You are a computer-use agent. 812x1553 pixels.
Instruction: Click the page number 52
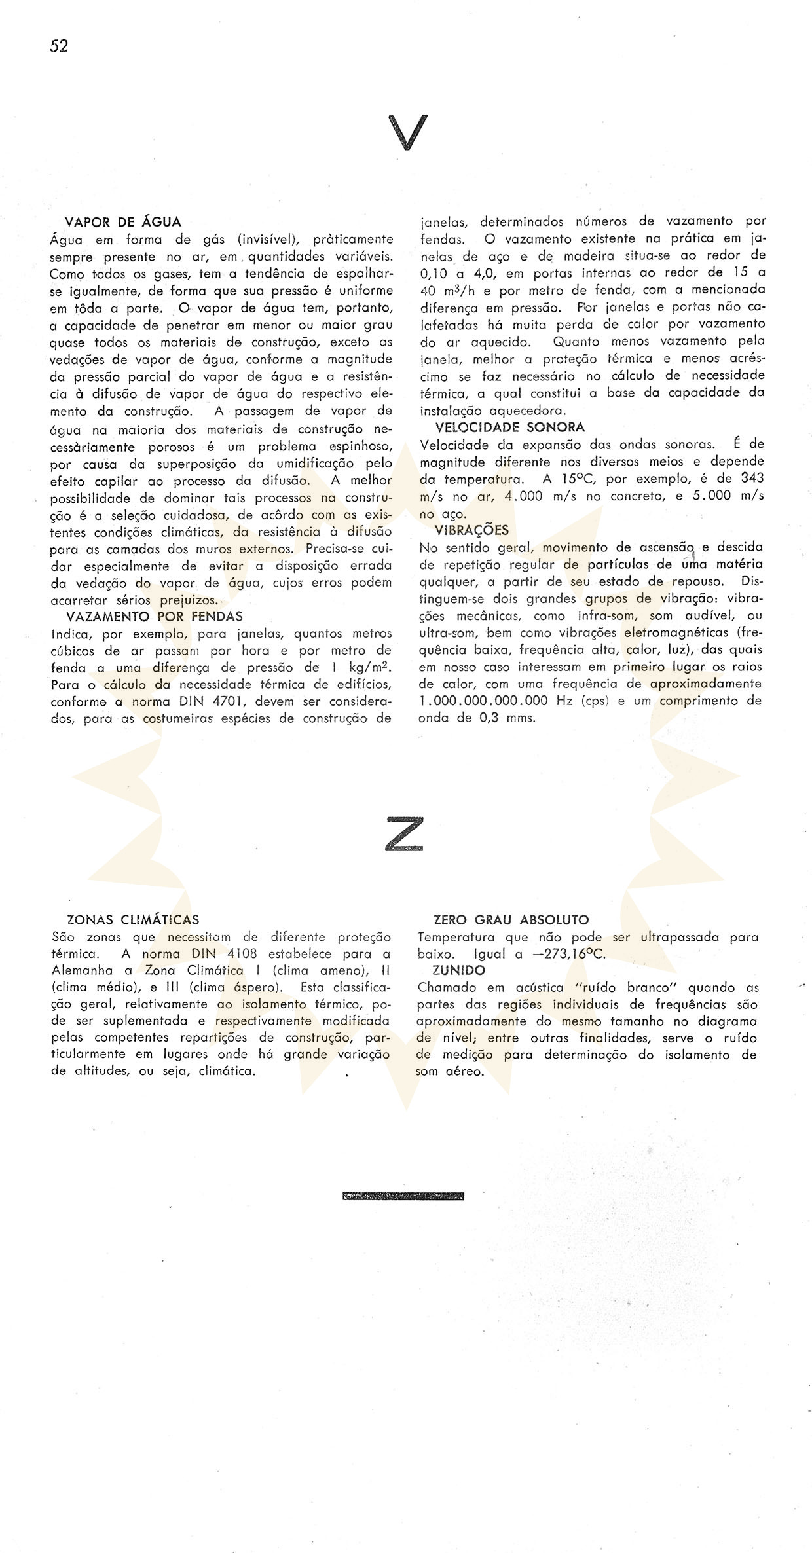(x=59, y=46)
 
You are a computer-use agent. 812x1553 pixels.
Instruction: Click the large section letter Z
(x=405, y=833)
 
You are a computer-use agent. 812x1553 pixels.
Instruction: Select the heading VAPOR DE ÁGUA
(x=124, y=222)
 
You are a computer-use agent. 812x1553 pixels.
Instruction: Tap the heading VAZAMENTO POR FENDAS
(x=155, y=616)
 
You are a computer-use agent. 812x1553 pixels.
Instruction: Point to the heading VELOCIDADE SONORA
(x=510, y=427)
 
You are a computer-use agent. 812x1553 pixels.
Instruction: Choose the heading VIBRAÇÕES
(x=471, y=530)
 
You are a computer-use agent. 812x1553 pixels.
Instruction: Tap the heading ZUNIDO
(x=459, y=970)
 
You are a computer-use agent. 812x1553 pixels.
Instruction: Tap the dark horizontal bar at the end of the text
(x=403, y=1196)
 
